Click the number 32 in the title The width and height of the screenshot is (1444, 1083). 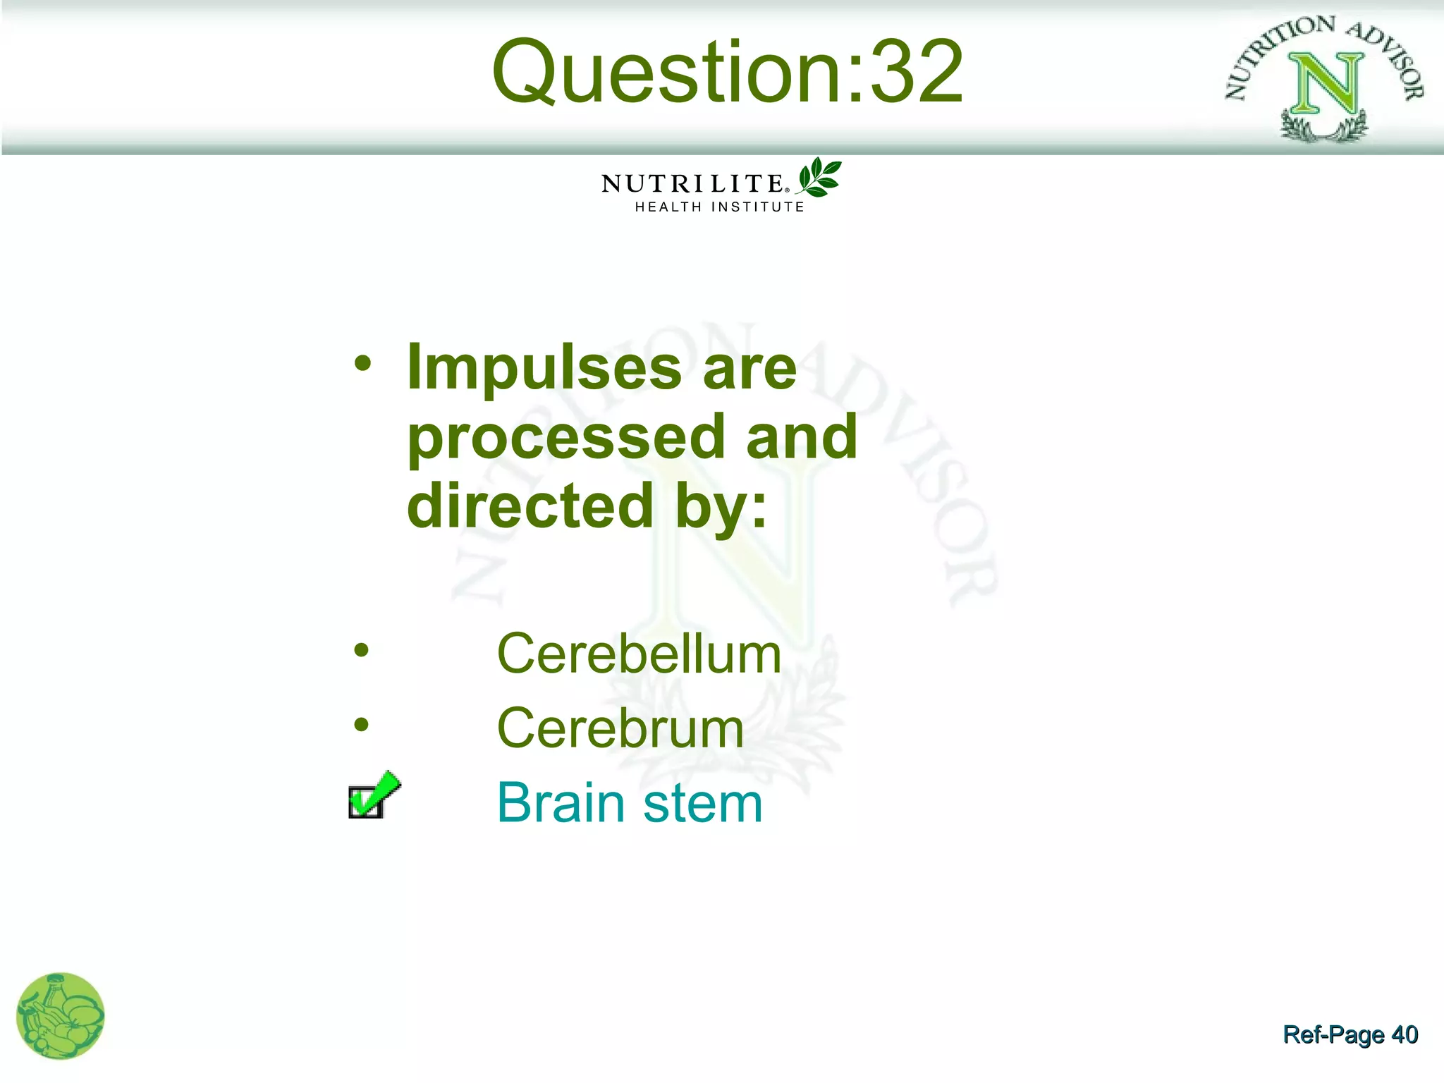coord(916,72)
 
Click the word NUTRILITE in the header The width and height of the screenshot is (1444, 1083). coord(692,184)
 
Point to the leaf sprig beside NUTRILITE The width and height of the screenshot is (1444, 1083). coord(819,177)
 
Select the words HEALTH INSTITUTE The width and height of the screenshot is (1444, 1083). coord(719,207)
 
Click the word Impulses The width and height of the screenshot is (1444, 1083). coord(544,368)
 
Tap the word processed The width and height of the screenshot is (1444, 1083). coord(566,439)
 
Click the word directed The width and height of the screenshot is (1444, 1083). coord(530,506)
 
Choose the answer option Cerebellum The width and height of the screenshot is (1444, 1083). coord(639,654)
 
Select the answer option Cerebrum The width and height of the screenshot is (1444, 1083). coord(620,728)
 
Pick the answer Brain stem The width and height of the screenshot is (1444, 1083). coord(630,803)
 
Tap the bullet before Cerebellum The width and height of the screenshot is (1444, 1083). coord(362,650)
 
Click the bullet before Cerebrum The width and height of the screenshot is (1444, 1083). coord(362,724)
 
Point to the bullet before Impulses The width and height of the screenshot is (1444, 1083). coord(362,364)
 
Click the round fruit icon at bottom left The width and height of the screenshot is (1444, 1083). coord(61,1016)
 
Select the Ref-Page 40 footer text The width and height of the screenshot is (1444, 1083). coord(1350,1034)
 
